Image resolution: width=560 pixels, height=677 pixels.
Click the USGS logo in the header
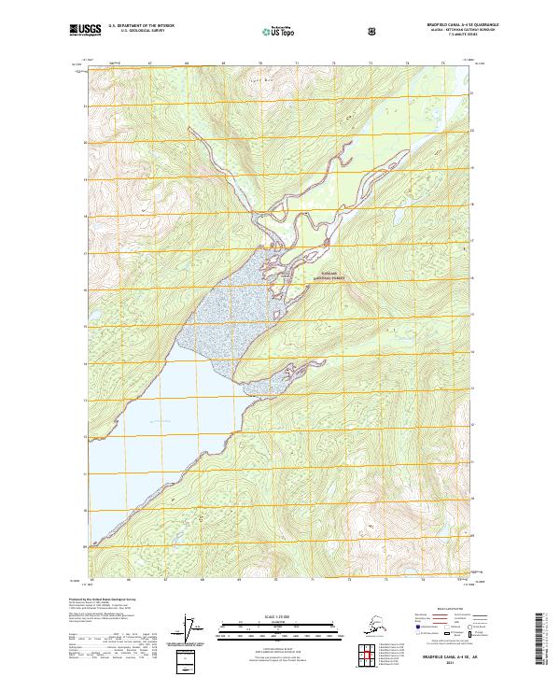[82, 31]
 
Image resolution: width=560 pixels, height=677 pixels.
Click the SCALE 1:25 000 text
[279, 615]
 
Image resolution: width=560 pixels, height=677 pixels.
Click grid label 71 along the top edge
[297, 63]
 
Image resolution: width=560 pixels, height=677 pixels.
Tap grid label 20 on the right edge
[472, 143]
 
